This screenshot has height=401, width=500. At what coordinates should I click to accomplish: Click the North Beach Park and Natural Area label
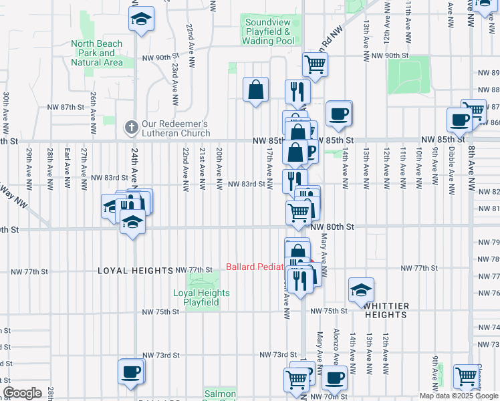pos(97,53)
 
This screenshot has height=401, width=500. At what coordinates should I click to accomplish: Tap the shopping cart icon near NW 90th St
pos(314,65)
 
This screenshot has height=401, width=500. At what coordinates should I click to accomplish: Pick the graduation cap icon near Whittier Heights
pos(360,289)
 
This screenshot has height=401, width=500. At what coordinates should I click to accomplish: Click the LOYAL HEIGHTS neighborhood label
pos(136,271)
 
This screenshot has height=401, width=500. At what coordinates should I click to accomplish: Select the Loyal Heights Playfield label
pos(201,297)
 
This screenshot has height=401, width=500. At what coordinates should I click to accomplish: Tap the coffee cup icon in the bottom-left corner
pos(131,371)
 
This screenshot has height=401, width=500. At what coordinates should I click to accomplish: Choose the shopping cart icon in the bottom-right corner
pos(466,376)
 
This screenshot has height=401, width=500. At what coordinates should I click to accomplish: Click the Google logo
pos(22,393)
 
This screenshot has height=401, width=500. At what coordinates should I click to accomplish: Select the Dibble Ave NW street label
pos(452,161)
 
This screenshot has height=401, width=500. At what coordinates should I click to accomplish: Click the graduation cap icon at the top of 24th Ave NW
pos(141,19)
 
